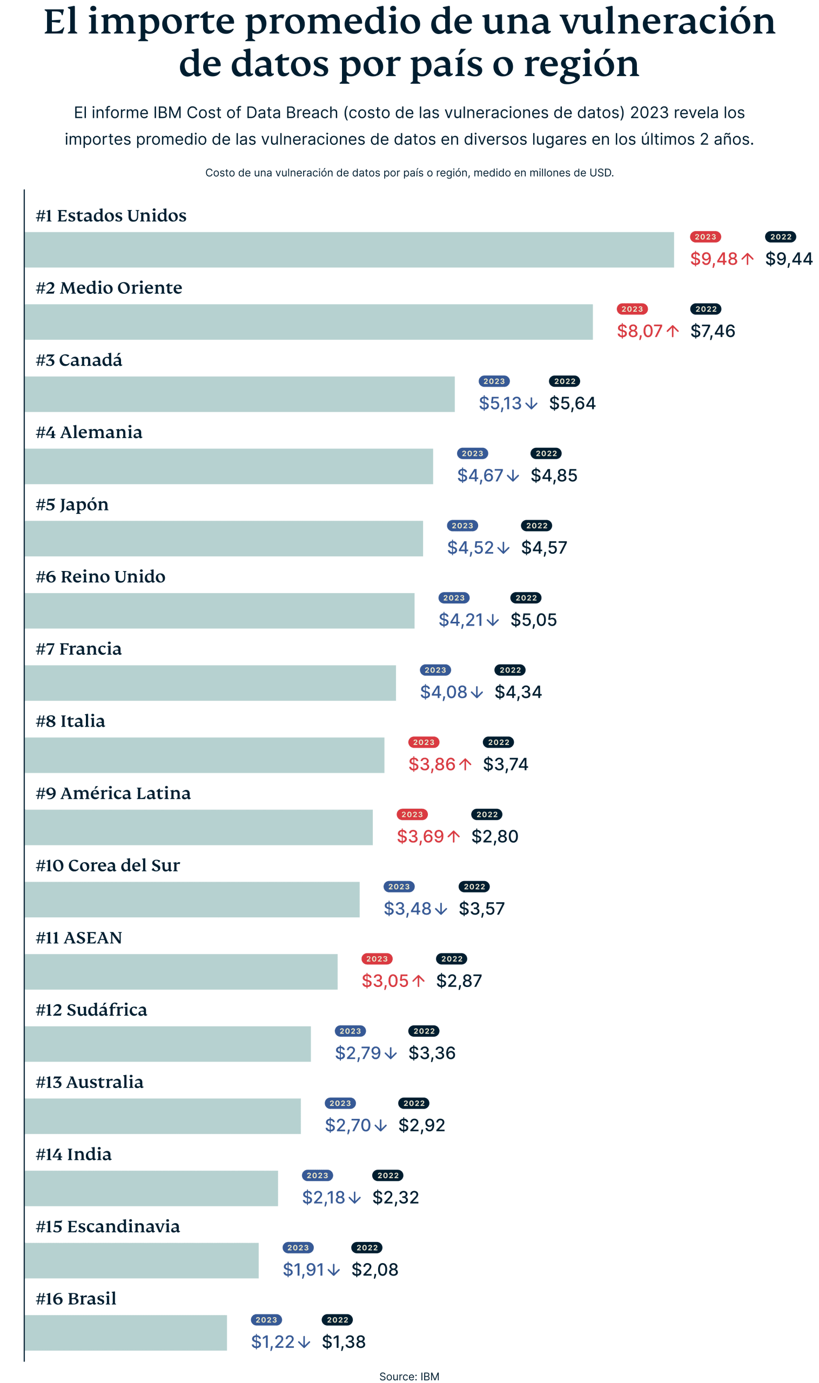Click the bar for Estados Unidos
349,250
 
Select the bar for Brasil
126,1332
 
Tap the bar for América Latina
199,827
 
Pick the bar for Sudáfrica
168,1044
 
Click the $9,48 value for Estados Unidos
714,258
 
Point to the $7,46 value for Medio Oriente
713,331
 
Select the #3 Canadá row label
79,360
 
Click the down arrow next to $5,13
531,404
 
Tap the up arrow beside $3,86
465,764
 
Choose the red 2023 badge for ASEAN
377,958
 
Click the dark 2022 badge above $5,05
526,597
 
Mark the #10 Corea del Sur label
108,865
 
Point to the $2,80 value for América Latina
494,836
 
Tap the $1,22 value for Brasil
273,1341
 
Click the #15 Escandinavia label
108,1226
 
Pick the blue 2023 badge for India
317,1175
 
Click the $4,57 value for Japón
544,547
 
